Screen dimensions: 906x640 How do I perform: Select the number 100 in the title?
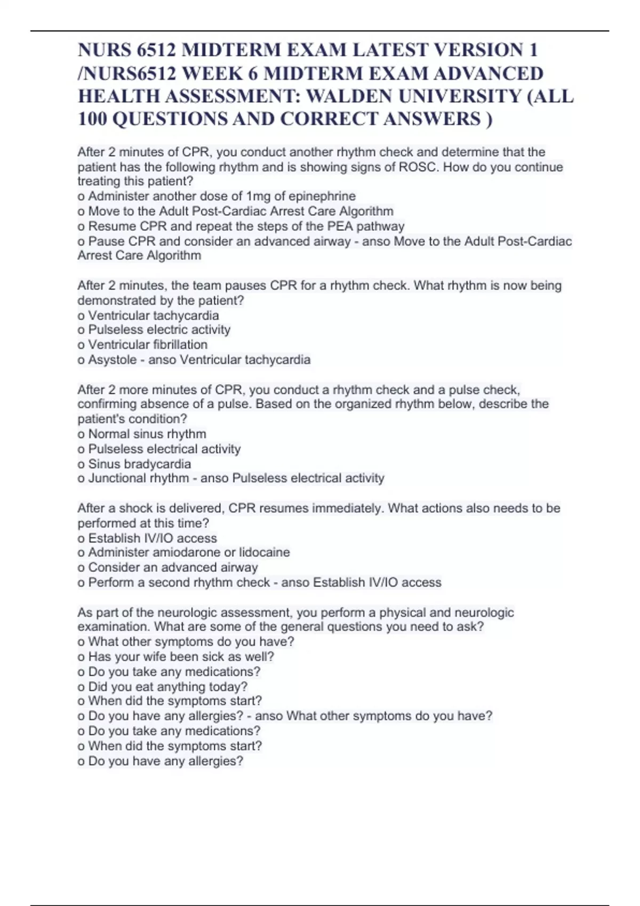(x=93, y=119)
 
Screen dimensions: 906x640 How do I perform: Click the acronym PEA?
(x=341, y=226)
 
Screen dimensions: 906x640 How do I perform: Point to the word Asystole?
(x=113, y=360)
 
